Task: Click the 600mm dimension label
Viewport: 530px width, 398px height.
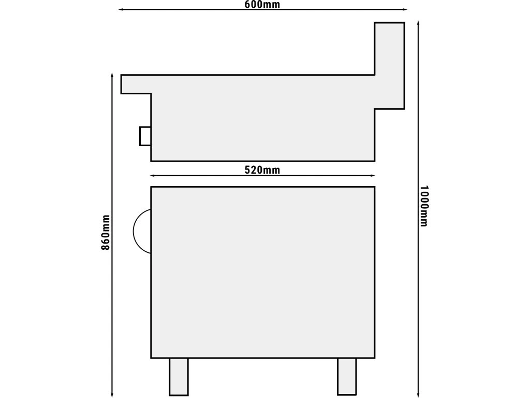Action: pyautogui.click(x=262, y=4)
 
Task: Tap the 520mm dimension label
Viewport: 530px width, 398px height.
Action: pyautogui.click(x=262, y=170)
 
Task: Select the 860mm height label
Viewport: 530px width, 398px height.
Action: pyautogui.click(x=106, y=232)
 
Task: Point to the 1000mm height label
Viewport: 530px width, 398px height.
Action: pyautogui.click(x=424, y=206)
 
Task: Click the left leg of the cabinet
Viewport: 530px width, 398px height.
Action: pyautogui.click(x=179, y=376)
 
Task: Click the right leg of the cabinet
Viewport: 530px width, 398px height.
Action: pyautogui.click(x=347, y=376)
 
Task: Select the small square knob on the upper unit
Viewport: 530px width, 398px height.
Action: pyautogui.click(x=145, y=136)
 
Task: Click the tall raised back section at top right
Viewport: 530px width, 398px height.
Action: pyautogui.click(x=389, y=65)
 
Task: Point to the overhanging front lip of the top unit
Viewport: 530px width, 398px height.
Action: pyautogui.click(x=136, y=84)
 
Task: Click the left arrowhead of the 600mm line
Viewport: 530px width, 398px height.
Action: pyautogui.click(x=120, y=10)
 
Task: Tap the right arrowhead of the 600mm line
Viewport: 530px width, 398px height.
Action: pyautogui.click(x=405, y=10)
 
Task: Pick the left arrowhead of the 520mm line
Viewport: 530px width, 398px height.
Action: pyautogui.click(x=152, y=176)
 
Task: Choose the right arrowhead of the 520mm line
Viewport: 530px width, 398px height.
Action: pyautogui.click(x=373, y=176)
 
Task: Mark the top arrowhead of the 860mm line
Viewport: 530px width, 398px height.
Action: pyautogui.click(x=112, y=74)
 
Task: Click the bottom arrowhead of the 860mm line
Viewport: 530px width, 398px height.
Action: pyautogui.click(x=112, y=395)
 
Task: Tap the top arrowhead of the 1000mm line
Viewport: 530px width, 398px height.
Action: pyautogui.click(x=418, y=23)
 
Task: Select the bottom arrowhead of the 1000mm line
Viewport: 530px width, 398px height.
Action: pyautogui.click(x=418, y=395)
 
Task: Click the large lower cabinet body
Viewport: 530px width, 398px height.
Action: pyautogui.click(x=262, y=272)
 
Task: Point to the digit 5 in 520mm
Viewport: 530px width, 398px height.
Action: pyautogui.click(x=247, y=170)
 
